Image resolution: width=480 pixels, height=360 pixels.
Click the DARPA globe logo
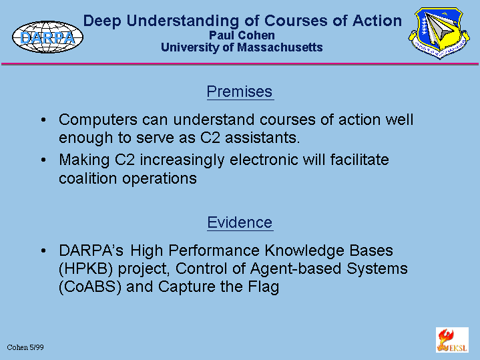(x=47, y=37)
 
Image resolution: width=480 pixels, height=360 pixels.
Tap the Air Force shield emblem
(x=439, y=33)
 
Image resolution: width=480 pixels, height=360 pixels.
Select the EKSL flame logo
(x=452, y=340)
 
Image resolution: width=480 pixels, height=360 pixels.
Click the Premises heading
(x=240, y=92)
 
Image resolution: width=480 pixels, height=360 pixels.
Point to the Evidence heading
(x=240, y=222)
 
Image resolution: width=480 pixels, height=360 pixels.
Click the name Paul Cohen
(x=242, y=35)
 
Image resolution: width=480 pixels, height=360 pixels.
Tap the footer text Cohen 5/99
(x=25, y=347)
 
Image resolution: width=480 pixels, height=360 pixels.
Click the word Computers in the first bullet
(x=98, y=120)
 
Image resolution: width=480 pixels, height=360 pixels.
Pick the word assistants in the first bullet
(x=262, y=138)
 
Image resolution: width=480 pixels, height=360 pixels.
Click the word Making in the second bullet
(x=84, y=160)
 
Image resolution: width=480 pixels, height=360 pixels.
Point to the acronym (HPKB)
(x=85, y=268)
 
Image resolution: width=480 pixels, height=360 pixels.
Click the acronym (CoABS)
(x=90, y=287)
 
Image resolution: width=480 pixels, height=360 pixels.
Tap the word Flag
(x=263, y=287)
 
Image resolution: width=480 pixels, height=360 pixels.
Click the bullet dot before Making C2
(x=43, y=160)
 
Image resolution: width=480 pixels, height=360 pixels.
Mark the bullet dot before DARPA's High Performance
(x=43, y=250)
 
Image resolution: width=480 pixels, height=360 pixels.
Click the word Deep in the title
(x=102, y=21)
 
